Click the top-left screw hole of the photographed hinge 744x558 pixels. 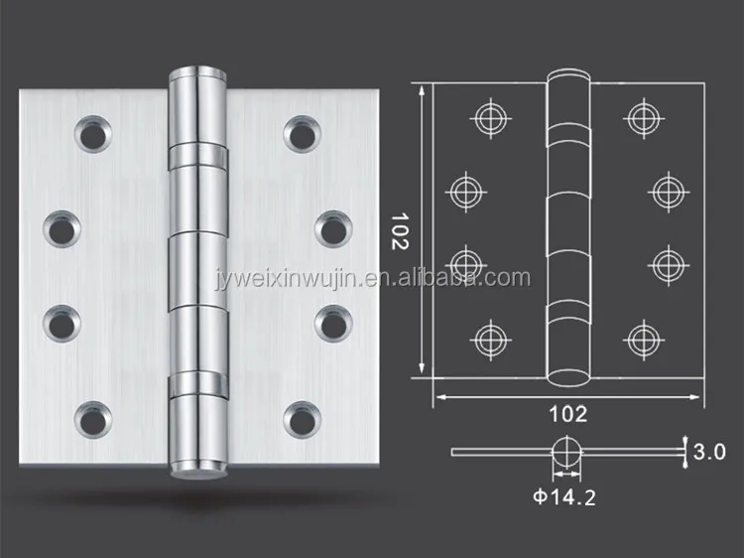[93, 134]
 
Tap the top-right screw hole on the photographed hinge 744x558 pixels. [303, 134]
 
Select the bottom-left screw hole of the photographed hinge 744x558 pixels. [93, 420]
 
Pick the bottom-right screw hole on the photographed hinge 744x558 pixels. [303, 420]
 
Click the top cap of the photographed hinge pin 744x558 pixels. [197, 73]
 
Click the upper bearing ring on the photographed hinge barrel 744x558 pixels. [197, 157]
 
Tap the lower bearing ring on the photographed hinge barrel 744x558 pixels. [197, 383]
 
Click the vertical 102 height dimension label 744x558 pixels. [400, 231]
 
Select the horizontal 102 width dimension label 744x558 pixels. [568, 415]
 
